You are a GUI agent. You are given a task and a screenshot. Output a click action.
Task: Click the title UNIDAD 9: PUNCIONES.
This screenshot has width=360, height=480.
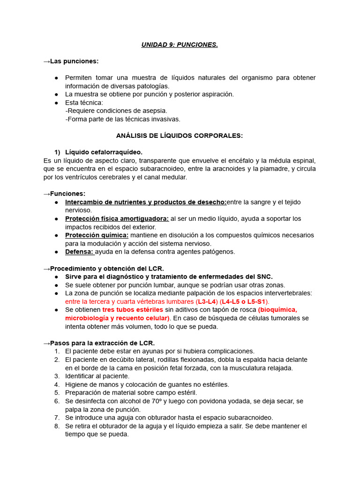pos(180,45)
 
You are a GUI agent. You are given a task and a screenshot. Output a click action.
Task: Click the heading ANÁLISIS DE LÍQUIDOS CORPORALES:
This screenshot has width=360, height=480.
pos(180,135)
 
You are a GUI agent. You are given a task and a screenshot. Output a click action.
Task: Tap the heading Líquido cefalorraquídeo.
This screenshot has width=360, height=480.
pos(104,152)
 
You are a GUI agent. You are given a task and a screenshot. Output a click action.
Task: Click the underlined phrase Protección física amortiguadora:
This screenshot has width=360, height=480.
pos(117,218)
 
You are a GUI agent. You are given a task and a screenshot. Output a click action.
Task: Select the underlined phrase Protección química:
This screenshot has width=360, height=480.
pos(97,235)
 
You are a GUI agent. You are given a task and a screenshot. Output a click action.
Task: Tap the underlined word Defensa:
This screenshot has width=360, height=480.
pos(79,251)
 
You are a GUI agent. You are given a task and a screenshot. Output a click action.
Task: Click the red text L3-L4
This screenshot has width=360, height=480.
pos(206,301)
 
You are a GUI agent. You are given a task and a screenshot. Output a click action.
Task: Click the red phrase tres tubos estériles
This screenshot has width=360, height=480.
pos(133,310)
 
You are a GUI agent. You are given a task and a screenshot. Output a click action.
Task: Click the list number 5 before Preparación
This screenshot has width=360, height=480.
pos(57,392)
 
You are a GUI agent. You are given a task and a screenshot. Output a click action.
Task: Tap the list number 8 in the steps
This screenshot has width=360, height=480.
pos(57,426)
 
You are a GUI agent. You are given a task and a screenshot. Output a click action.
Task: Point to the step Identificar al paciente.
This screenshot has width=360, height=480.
pos(97,376)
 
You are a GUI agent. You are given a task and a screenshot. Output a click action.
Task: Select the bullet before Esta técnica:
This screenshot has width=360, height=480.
pos(56,102)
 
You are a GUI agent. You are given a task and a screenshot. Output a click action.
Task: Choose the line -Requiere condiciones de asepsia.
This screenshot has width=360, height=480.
pos(116,111)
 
